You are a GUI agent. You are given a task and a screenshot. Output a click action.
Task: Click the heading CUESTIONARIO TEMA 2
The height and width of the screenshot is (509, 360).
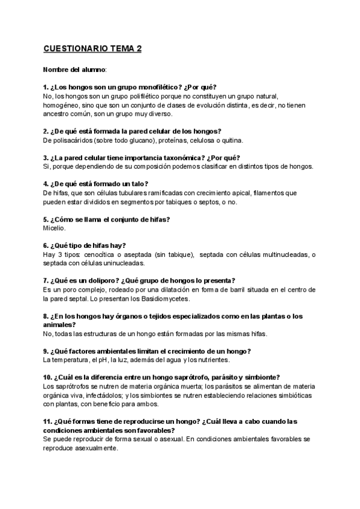pyautogui.click(x=92, y=49)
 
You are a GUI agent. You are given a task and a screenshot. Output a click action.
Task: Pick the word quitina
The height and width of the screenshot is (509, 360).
pyautogui.click(x=231, y=140)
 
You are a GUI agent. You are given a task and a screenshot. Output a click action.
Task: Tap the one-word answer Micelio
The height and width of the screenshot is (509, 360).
pyautogui.click(x=54, y=228)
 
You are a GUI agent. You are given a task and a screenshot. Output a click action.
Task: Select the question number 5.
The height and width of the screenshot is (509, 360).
pyautogui.click(x=46, y=219)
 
